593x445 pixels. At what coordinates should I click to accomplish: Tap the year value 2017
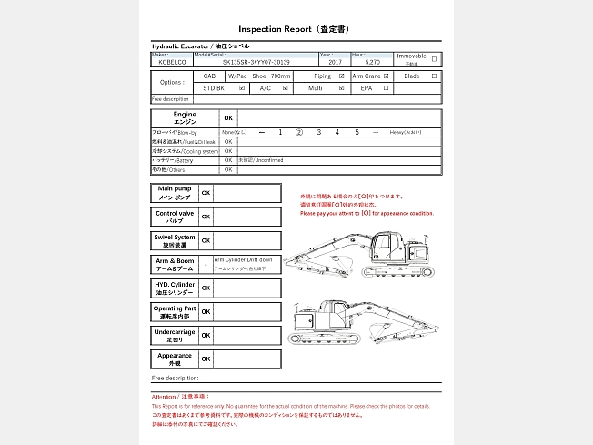tap(335, 63)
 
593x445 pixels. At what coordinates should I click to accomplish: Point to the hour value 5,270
tap(371, 63)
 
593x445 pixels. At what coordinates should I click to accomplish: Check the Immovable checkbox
tap(433, 59)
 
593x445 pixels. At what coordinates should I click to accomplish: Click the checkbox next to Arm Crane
tap(387, 76)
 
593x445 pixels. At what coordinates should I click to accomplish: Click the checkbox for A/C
tap(286, 88)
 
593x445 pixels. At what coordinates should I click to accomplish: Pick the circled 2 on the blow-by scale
tap(298, 133)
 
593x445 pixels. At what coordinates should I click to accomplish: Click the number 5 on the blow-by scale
tap(357, 133)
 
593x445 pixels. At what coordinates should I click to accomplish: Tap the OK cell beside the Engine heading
tap(228, 118)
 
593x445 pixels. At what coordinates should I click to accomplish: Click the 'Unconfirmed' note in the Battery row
tap(261, 160)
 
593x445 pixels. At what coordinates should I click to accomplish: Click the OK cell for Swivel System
tap(206, 240)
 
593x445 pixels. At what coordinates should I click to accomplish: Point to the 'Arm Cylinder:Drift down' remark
tap(243, 259)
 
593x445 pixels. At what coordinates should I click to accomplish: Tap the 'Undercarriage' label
tap(174, 335)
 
